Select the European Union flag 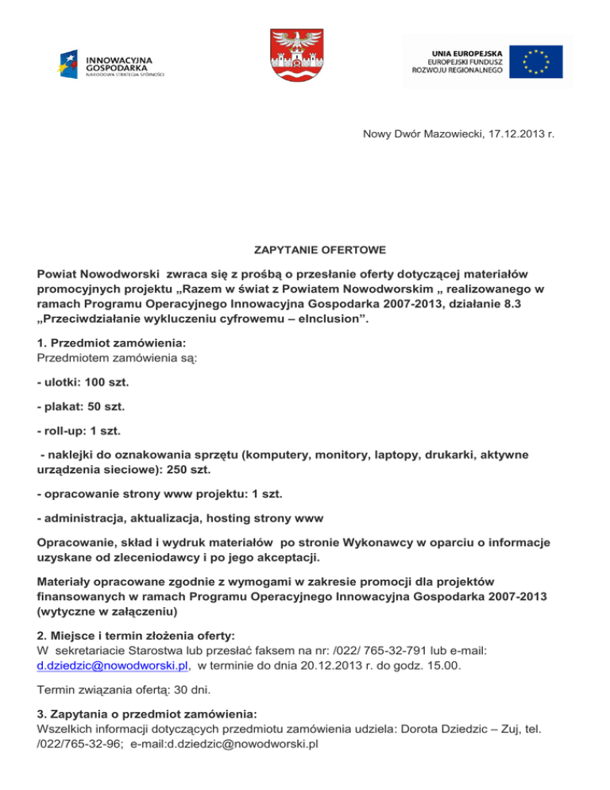(536, 61)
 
